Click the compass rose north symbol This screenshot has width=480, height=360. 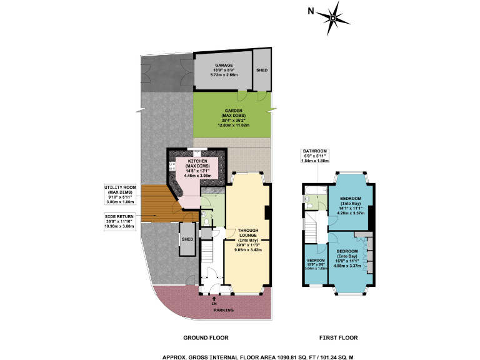point(332,18)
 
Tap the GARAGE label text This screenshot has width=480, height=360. point(224,65)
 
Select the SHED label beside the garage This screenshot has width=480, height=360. point(261,70)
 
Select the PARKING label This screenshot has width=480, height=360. point(224,310)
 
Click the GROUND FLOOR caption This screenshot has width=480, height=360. point(206,337)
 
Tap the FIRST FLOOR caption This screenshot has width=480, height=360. point(339,337)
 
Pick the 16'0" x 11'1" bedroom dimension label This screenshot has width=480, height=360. point(347,261)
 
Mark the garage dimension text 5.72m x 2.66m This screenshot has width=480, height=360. point(224,74)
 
